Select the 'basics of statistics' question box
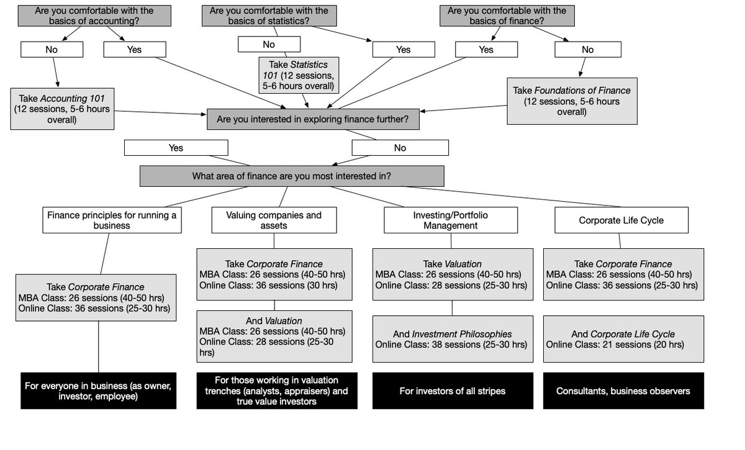269,16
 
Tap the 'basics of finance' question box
507,16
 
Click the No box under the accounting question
52,50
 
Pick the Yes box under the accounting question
134,50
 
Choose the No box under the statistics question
269,45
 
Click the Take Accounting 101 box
62,109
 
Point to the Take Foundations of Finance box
572,101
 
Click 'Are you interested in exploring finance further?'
313,119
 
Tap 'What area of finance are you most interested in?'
292,176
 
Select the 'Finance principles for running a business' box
112,220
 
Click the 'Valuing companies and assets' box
274,220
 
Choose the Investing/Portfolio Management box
451,220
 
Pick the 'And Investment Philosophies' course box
452,339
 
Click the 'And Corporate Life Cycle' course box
623,339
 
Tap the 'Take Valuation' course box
452,274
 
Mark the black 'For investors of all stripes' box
452,391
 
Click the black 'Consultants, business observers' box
623,391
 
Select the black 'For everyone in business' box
98,391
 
